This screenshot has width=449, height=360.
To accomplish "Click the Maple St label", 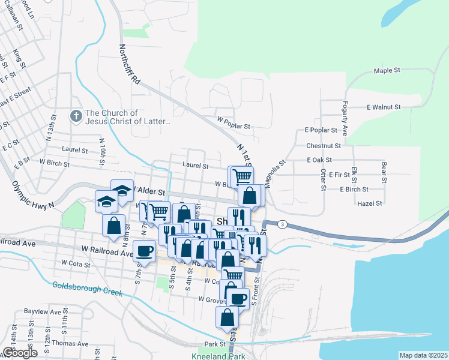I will (387, 71).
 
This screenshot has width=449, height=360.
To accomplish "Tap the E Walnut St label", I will (384, 107).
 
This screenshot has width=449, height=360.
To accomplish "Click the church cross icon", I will (76, 115).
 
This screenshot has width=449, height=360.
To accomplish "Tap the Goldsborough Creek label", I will (87, 289).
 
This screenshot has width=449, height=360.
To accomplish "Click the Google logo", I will (20, 353).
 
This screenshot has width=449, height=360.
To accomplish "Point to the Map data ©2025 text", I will (423, 355).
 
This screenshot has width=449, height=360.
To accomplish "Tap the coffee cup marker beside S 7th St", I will (144, 251).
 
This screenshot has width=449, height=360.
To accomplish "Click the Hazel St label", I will (369, 203).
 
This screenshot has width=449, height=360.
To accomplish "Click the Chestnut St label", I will (323, 146).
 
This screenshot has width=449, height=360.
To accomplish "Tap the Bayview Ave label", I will (43, 312).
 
